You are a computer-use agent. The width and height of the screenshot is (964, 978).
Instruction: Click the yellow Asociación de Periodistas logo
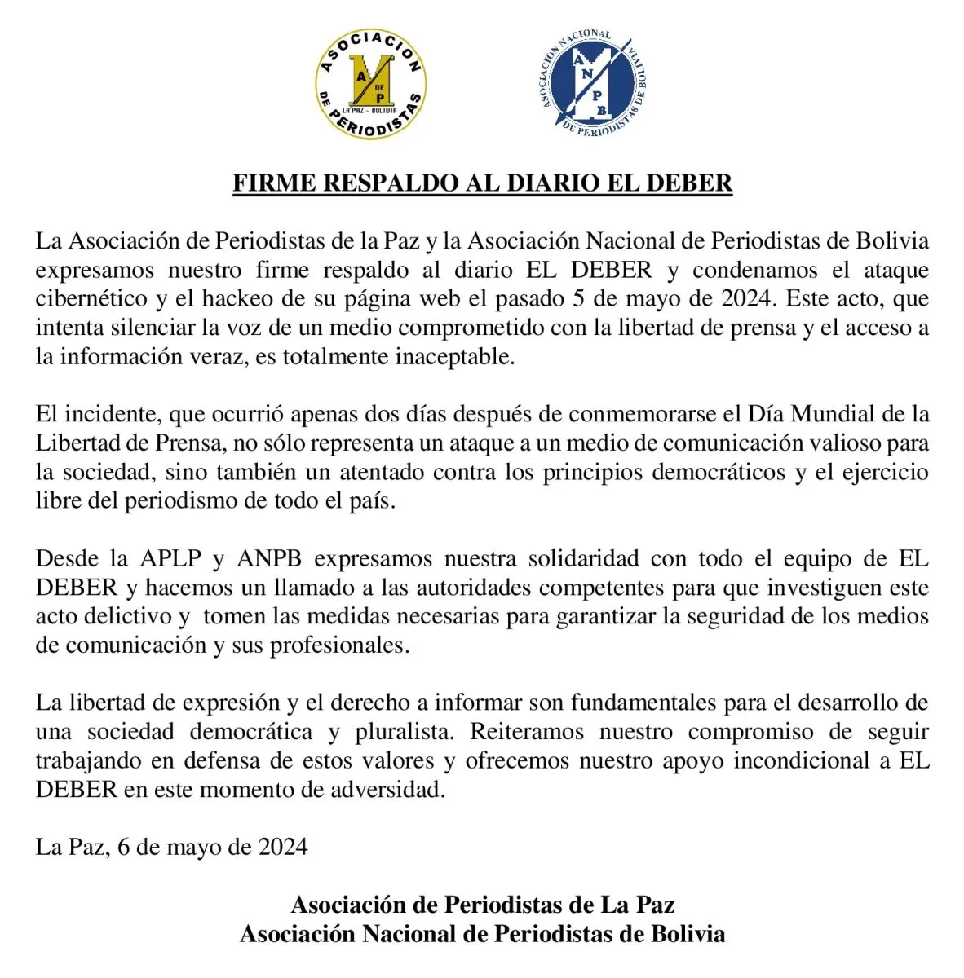tap(371, 84)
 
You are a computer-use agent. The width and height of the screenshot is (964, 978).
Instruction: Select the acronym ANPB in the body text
tap(269, 558)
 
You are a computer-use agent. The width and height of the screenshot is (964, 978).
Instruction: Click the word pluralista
tap(405, 731)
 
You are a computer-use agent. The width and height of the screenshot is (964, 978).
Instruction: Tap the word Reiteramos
tap(527, 731)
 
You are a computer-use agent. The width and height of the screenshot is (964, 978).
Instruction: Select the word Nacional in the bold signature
tap(408, 933)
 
